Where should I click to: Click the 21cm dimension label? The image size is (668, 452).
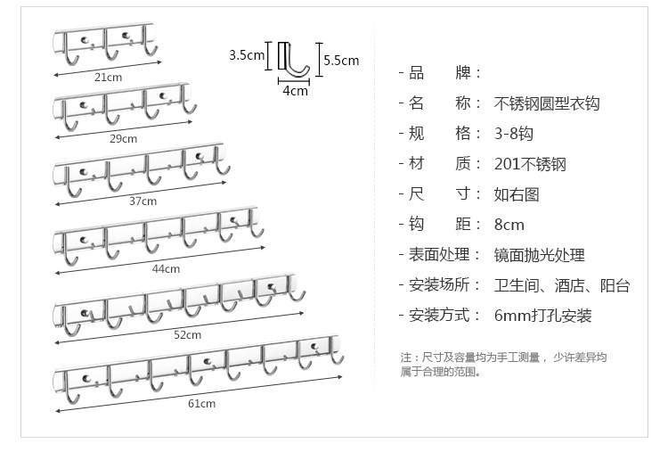(x=107, y=77)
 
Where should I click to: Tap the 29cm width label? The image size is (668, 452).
(x=124, y=138)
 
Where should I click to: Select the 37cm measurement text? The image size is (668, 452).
(x=143, y=201)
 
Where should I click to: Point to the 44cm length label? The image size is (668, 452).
(x=166, y=267)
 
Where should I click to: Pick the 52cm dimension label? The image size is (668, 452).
(x=187, y=334)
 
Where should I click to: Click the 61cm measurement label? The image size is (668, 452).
(x=201, y=403)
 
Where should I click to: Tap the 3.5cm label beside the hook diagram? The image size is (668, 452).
(x=247, y=55)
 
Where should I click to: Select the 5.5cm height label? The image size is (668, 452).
(x=340, y=61)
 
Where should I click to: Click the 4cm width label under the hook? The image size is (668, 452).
(x=295, y=90)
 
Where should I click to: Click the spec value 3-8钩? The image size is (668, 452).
(x=513, y=134)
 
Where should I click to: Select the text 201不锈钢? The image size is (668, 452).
(x=530, y=164)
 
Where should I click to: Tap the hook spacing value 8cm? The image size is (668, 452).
(x=509, y=225)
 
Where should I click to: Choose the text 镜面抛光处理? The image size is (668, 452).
(x=539, y=255)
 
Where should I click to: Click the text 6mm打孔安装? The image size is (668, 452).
(x=542, y=316)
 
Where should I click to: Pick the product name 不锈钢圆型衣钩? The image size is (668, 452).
(x=546, y=103)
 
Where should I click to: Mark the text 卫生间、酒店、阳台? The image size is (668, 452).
(x=561, y=285)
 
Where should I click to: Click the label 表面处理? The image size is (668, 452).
(x=438, y=255)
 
